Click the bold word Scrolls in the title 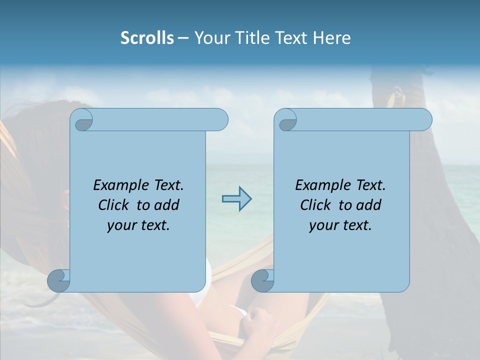click(147, 38)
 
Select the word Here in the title click(332, 38)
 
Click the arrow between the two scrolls click(236, 199)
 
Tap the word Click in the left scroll click(114, 205)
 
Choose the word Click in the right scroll click(316, 205)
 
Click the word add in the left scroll click(167, 205)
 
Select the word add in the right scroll click(369, 205)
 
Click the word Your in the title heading click(210, 38)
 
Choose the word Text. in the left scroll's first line click(166, 185)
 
